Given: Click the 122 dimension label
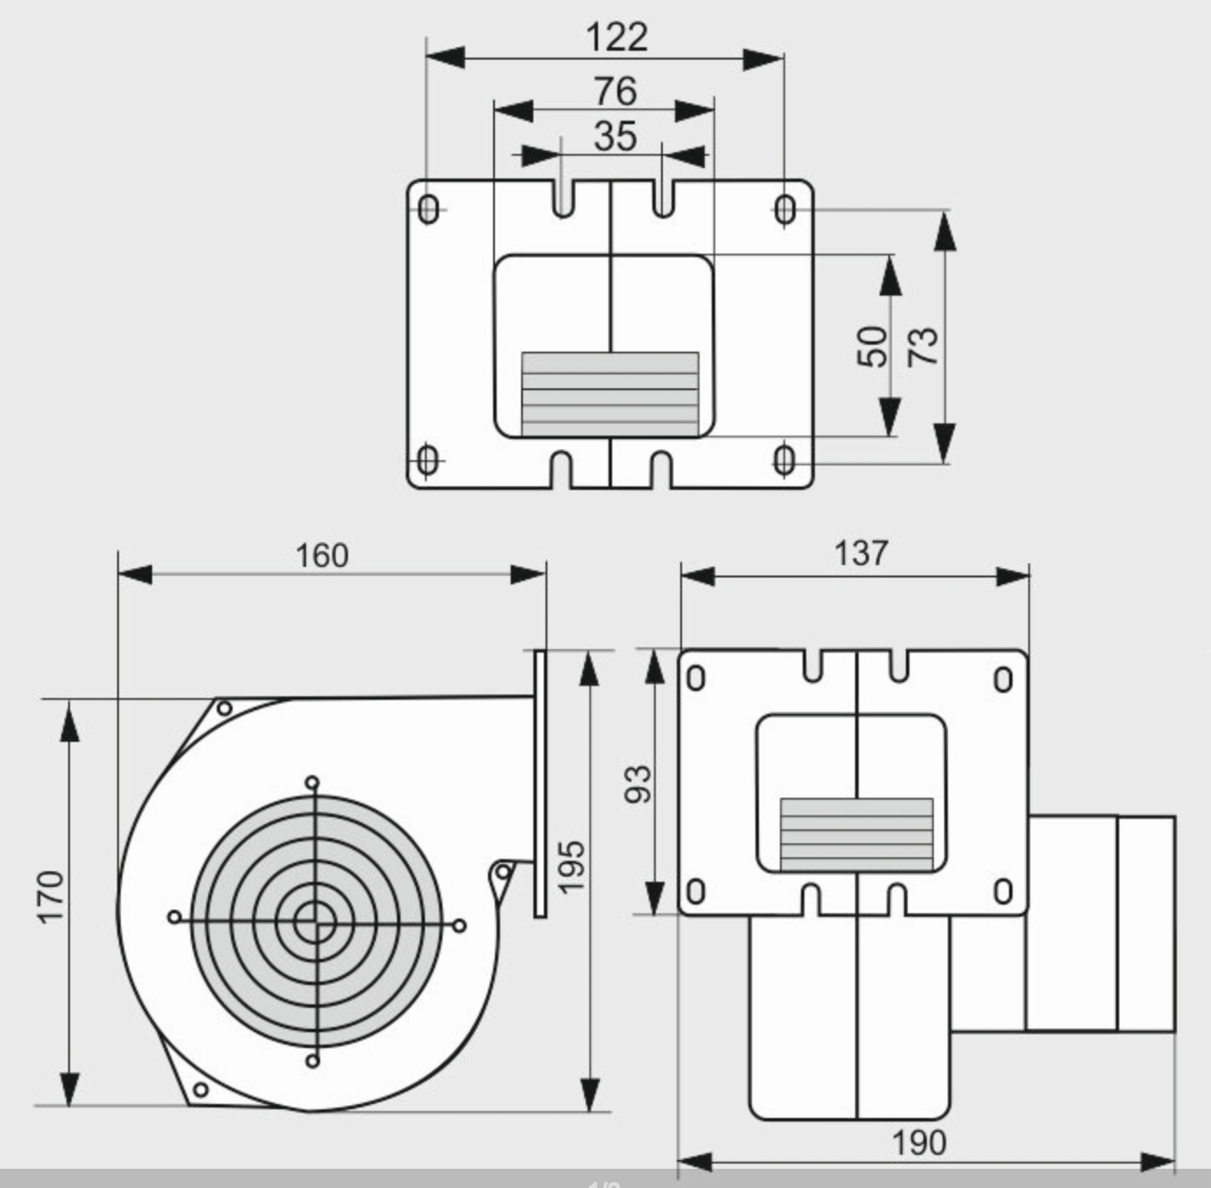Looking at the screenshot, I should (x=616, y=37).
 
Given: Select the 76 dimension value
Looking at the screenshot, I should (x=615, y=90).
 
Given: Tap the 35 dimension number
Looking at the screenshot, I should (x=615, y=136).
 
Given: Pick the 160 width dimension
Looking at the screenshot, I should (x=322, y=556).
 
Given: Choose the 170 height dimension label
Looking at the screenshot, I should (x=51, y=896).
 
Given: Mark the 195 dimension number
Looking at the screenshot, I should (x=570, y=866).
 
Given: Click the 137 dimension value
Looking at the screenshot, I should (x=860, y=554).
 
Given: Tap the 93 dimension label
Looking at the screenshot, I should (x=638, y=783).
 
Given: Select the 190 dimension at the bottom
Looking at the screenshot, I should (x=918, y=1143).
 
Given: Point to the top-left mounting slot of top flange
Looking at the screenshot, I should (x=428, y=210).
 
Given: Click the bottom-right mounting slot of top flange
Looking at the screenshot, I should (x=784, y=459).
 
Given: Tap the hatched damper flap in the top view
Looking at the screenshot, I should (x=609, y=394).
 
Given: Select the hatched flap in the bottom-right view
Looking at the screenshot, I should (x=856, y=834).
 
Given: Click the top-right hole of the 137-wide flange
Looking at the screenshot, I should (x=1003, y=679).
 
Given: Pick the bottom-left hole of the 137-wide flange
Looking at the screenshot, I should (x=695, y=891).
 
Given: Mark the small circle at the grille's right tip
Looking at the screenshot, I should (x=460, y=926).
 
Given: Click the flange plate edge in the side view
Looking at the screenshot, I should (x=539, y=783).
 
